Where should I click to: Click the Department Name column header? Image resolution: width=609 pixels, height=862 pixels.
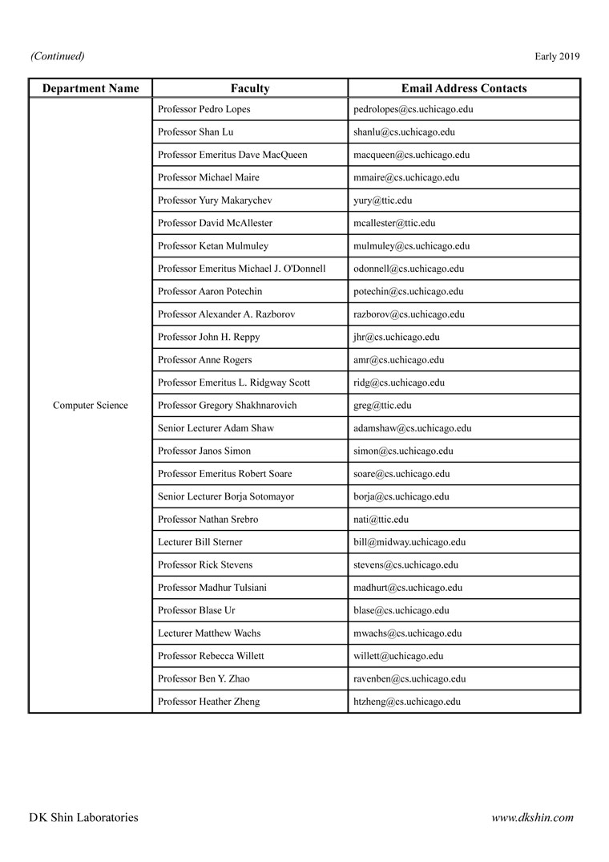[91, 88]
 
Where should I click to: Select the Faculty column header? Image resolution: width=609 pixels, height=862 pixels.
[250, 88]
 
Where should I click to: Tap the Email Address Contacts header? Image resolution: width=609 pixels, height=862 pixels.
[464, 88]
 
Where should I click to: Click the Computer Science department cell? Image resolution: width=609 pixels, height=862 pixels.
[91, 406]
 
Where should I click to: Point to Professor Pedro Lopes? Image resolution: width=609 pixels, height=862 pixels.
[204, 109]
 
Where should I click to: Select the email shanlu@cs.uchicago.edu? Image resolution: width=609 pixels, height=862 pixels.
[404, 132]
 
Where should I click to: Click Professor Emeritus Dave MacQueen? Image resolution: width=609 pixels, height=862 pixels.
[232, 155]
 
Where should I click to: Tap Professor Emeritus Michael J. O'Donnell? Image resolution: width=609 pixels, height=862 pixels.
[241, 269]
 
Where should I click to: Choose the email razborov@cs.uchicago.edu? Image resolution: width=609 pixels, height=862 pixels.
[409, 314]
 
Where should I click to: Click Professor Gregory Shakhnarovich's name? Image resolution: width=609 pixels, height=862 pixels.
[227, 406]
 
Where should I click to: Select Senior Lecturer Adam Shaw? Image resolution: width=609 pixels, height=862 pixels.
[216, 428]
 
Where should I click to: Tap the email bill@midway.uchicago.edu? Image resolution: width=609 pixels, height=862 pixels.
[409, 543]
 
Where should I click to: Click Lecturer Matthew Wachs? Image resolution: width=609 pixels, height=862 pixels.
[209, 633]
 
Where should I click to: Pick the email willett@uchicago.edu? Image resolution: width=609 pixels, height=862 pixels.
[398, 656]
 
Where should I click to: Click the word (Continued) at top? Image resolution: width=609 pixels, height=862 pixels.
[58, 56]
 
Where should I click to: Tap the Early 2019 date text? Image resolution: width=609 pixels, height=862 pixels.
[557, 56]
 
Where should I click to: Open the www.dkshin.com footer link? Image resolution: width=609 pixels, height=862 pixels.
[532, 818]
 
